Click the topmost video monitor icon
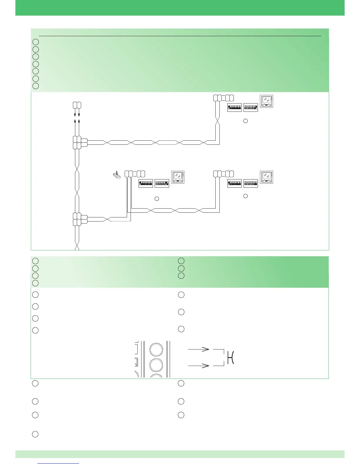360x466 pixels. [266, 101]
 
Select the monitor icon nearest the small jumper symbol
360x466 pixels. [178, 177]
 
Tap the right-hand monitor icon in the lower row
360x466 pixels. [266, 177]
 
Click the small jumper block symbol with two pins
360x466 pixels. [117, 175]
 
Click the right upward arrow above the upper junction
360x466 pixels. [79, 122]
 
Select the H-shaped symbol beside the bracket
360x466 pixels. [231, 357]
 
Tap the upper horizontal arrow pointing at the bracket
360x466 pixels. [199, 349]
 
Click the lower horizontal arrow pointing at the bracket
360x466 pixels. [199, 366]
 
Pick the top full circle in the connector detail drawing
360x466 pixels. [156, 350]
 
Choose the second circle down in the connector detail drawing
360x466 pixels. [156, 366]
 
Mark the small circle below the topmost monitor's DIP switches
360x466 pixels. [246, 121]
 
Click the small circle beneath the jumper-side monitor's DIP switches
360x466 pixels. [157, 199]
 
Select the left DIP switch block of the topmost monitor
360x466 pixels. [235, 108]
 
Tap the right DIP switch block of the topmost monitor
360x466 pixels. [251, 108]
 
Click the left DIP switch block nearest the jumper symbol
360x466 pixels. [146, 184]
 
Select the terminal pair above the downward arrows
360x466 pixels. [77, 105]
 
